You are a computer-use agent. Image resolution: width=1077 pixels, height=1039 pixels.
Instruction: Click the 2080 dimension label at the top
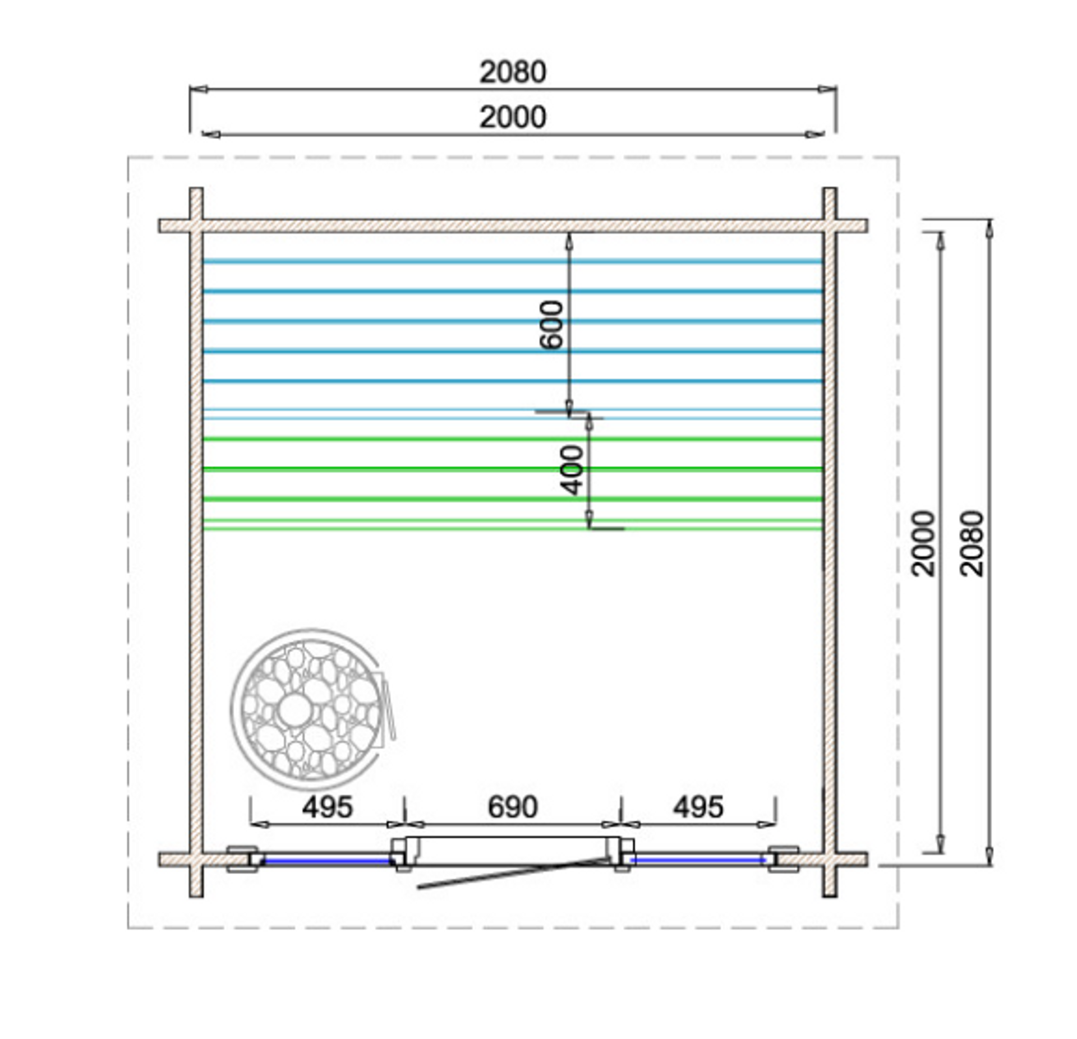click(513, 72)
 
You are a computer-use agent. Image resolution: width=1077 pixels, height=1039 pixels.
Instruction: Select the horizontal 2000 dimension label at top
click(513, 118)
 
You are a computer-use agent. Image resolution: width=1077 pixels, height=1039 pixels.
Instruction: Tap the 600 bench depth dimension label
click(551, 325)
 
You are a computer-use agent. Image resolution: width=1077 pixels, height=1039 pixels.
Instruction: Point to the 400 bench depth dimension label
click(572, 470)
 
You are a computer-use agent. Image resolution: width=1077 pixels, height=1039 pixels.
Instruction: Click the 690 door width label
click(513, 807)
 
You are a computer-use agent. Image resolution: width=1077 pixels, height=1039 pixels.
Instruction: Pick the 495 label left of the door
click(328, 807)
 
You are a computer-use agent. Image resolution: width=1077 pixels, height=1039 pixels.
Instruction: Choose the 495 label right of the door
click(698, 807)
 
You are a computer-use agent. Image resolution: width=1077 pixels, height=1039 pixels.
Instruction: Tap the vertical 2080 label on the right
click(972, 543)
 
